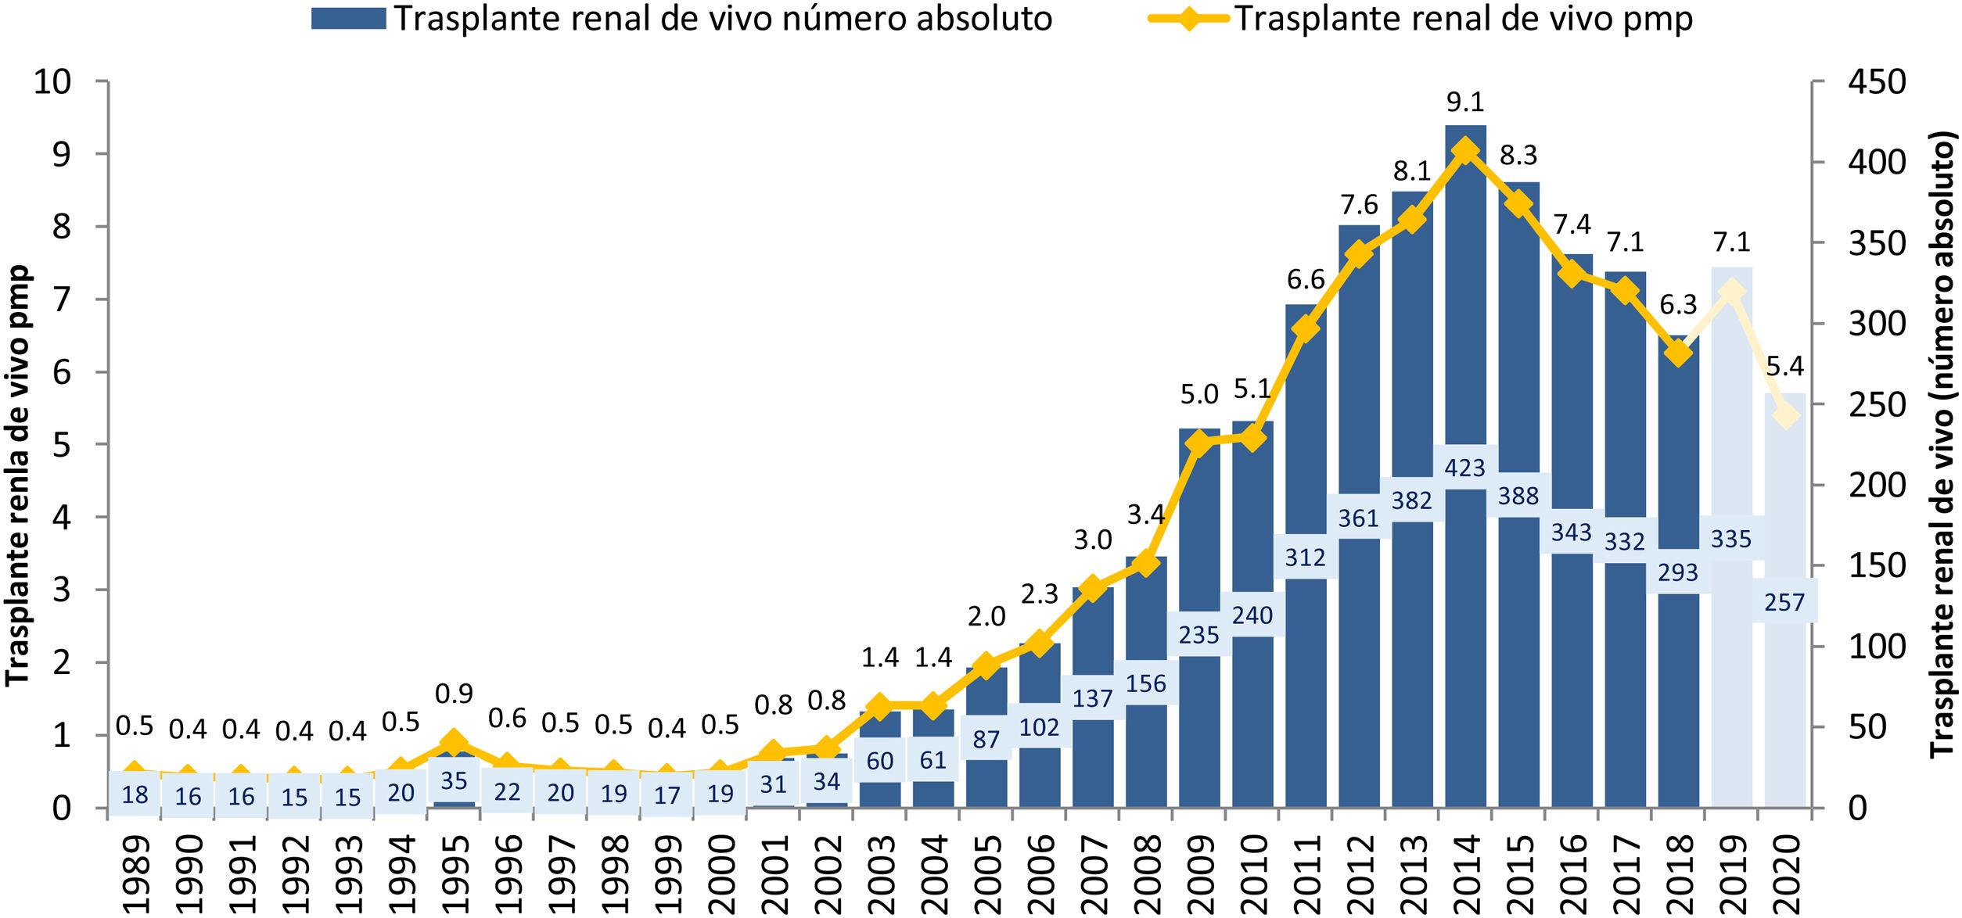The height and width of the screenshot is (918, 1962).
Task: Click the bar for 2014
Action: pos(1465,313)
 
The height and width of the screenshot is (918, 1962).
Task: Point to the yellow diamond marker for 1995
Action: pos(454,742)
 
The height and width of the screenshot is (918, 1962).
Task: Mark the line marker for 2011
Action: pos(1306,328)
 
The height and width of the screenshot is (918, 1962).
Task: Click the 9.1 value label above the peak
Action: pos(1465,102)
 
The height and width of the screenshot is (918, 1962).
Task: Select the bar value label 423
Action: pos(1465,468)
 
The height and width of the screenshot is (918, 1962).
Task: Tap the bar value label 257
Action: pos(1784,602)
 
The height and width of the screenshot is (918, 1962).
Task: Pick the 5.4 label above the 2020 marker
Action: pos(1784,366)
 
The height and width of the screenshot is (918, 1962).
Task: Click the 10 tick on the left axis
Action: pos(51,82)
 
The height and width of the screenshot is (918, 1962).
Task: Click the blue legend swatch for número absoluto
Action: pos(348,19)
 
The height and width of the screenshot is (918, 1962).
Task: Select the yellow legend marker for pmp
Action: pos(1188,19)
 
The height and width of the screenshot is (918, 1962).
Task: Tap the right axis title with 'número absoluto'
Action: pos(1943,443)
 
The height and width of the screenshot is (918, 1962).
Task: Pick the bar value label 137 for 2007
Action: pos(1093,697)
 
